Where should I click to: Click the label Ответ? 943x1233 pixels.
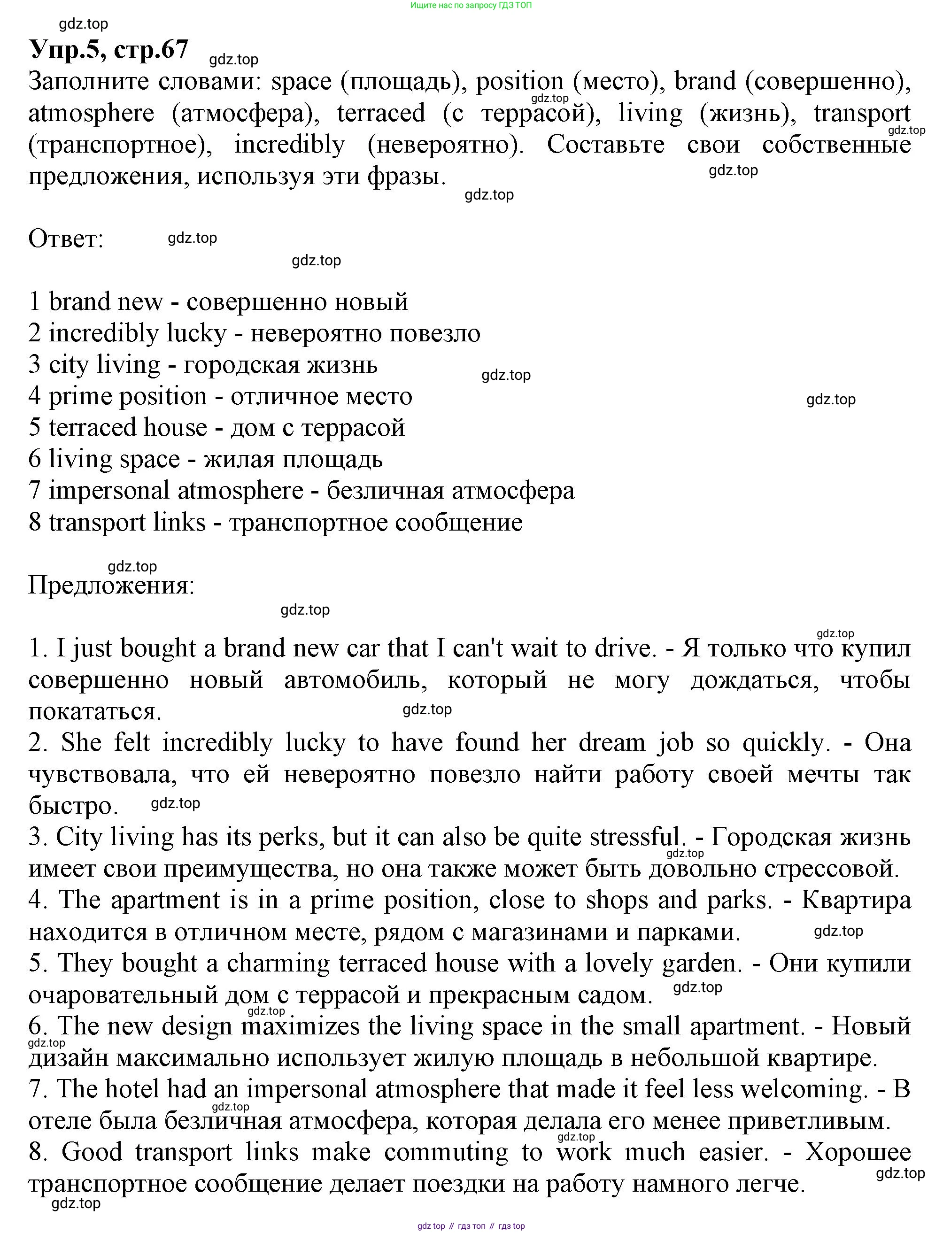66,239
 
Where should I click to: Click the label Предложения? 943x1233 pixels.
111,586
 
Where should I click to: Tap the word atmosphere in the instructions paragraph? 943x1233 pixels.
91,113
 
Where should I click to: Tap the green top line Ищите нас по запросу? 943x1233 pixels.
471,6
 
